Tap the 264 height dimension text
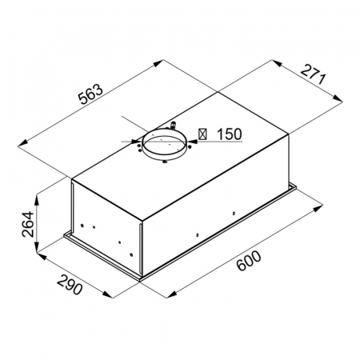click(x=26, y=227)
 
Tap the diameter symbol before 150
click(x=203, y=135)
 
